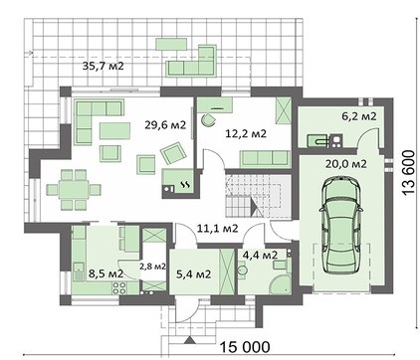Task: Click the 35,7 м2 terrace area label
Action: [x=103, y=66]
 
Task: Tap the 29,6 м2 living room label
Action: [x=165, y=125]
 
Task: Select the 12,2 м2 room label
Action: [x=246, y=133]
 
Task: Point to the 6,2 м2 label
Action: [x=359, y=116]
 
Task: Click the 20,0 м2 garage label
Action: [x=345, y=164]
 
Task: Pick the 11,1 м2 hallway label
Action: [x=217, y=228]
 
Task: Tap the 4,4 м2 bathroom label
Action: [x=260, y=255]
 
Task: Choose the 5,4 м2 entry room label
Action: [x=193, y=274]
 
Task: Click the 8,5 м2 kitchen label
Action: [x=105, y=273]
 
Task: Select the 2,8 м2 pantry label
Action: [x=152, y=267]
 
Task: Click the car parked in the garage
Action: [x=340, y=225]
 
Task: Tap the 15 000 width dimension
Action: [x=245, y=347]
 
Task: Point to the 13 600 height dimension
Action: [x=408, y=173]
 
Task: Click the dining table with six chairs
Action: [x=74, y=190]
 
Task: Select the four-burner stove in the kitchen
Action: [x=119, y=287]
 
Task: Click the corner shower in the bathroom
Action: [x=281, y=283]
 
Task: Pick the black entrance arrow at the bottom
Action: [x=189, y=340]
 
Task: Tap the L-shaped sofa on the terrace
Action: [x=191, y=61]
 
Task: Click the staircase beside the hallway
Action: [x=258, y=195]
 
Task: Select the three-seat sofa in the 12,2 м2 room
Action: [x=265, y=158]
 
